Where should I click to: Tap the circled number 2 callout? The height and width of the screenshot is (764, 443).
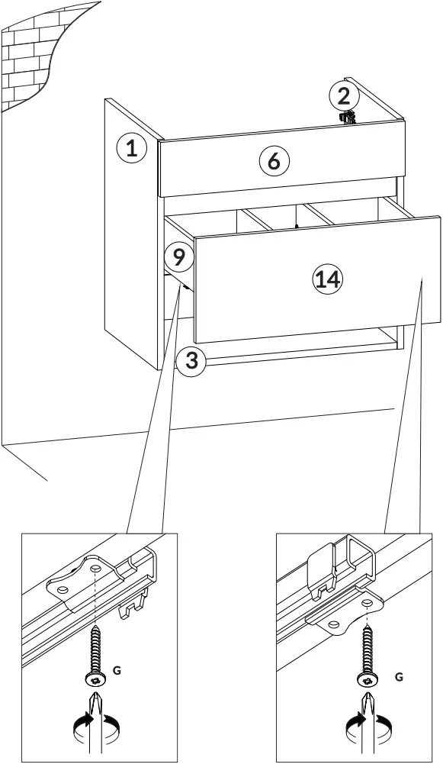(x=344, y=96)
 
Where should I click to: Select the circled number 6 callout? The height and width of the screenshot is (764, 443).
(x=274, y=161)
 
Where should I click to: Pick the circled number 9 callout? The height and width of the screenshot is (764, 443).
(x=178, y=257)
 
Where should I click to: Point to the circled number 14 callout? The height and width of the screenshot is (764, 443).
(x=327, y=279)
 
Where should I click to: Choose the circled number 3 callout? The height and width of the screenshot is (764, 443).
(x=191, y=360)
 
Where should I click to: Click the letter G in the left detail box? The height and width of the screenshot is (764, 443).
(x=116, y=670)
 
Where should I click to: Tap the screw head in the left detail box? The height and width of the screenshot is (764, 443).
(x=93, y=679)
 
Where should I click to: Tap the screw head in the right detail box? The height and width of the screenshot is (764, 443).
(x=367, y=679)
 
